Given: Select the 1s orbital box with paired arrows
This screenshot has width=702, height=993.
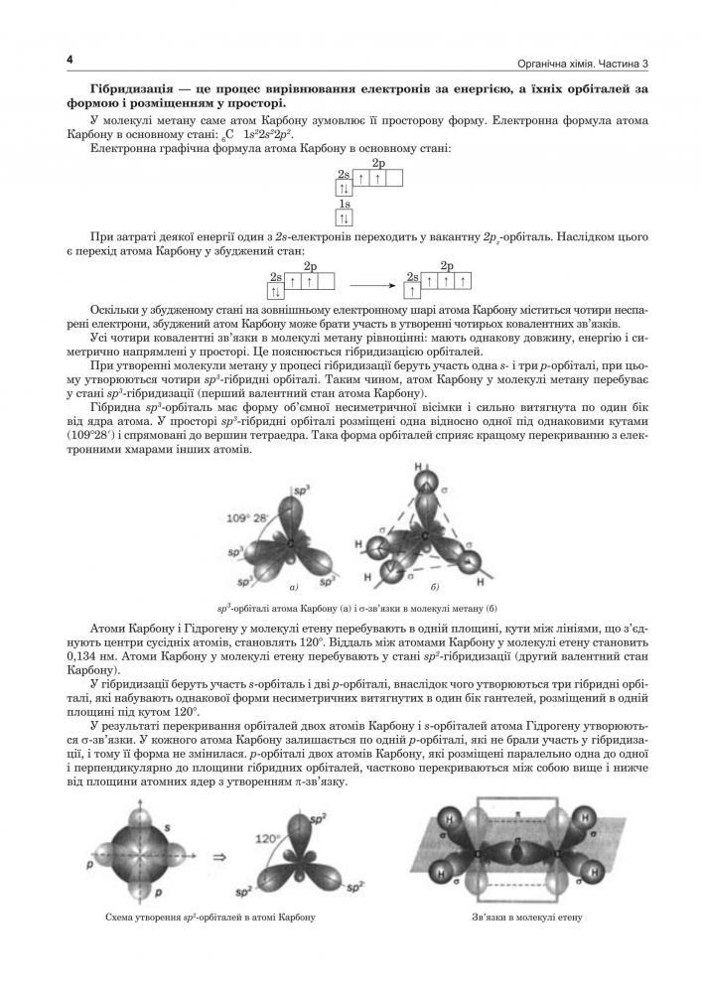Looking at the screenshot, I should point(345,217).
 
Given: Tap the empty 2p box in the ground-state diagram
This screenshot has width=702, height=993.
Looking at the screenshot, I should point(394,180).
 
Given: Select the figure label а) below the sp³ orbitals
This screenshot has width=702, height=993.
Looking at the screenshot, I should point(294,587).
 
